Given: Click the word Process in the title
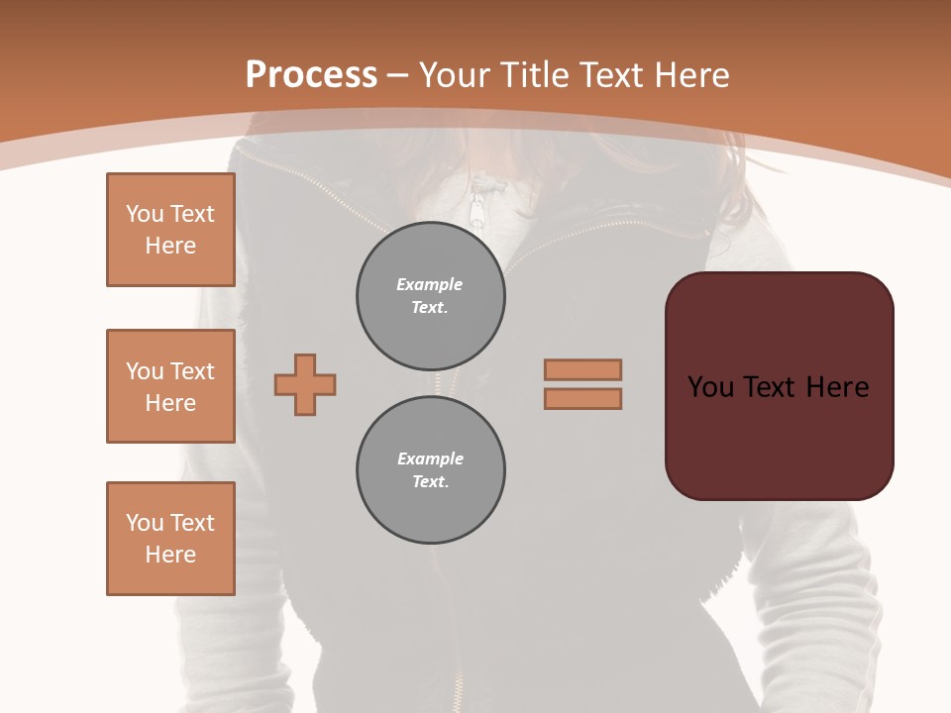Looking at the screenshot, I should pyautogui.click(x=311, y=75).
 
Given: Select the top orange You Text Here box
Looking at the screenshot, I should pyautogui.click(x=170, y=230).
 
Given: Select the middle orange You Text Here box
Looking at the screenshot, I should pyautogui.click(x=170, y=386).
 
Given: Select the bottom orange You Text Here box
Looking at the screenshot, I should pyautogui.click(x=170, y=539).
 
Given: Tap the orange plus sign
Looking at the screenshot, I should pyautogui.click(x=305, y=384).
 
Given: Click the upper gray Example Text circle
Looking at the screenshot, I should pyautogui.click(x=430, y=296).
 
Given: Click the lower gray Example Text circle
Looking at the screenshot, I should pyautogui.click(x=430, y=470).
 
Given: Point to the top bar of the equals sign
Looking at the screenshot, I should pyautogui.click(x=582, y=369).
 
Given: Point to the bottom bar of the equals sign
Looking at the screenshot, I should pyautogui.click(x=582, y=399).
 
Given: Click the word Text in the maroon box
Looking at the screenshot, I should pyautogui.click(x=773, y=387).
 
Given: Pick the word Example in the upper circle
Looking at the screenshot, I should pyautogui.click(x=430, y=284).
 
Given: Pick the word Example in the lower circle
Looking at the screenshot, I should pyautogui.click(x=430, y=458).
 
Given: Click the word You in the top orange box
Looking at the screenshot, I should pyautogui.click(x=145, y=214).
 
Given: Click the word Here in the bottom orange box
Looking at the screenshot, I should pyautogui.click(x=170, y=555).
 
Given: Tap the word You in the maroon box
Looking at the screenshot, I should pyautogui.click(x=710, y=387).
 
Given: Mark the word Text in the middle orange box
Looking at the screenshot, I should pyautogui.click(x=192, y=371).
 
